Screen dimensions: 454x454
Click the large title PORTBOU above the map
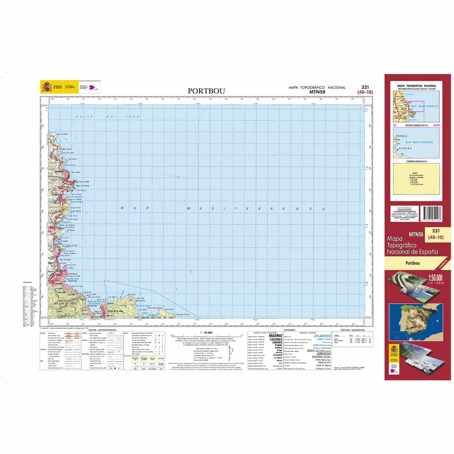pos(206,91)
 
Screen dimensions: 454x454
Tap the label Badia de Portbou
pos(74,197)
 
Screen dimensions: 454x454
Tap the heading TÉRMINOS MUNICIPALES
pos(417,161)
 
